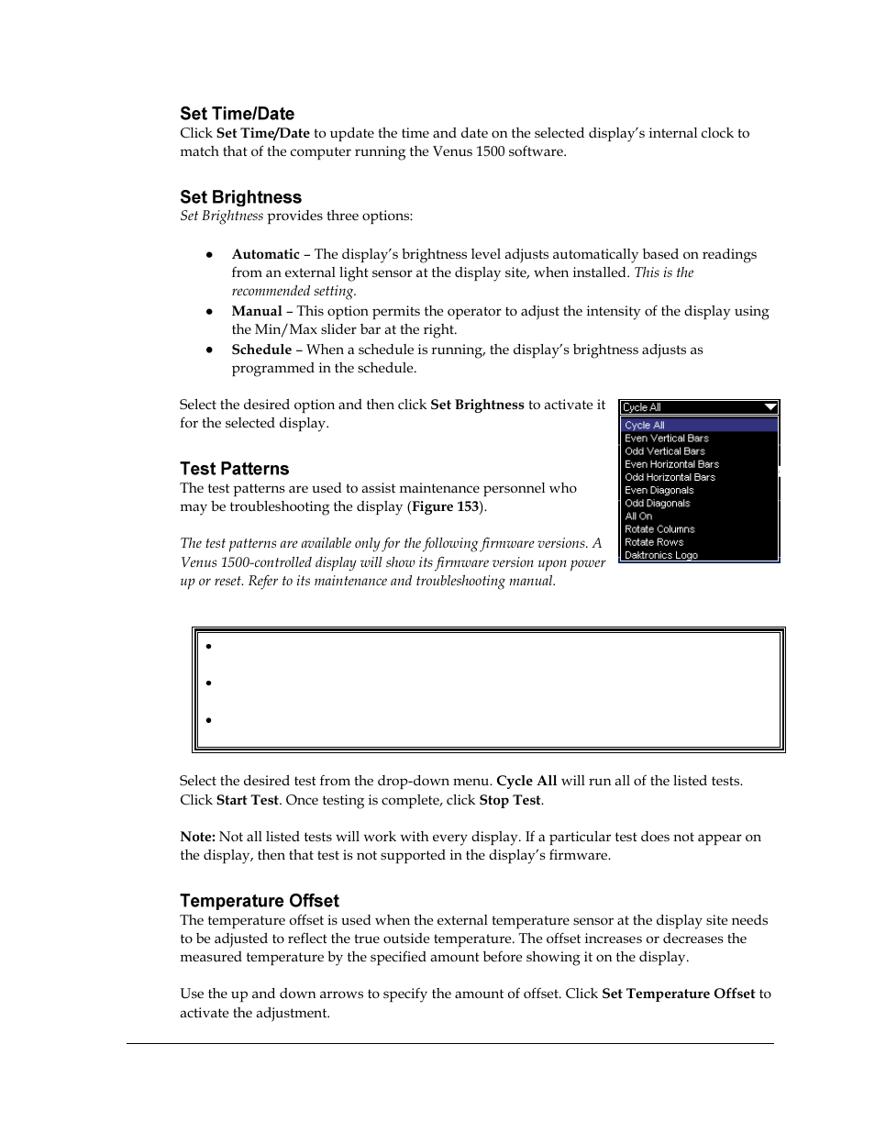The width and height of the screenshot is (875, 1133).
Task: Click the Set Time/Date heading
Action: [x=237, y=114]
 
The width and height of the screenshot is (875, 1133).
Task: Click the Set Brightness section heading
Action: [x=240, y=197]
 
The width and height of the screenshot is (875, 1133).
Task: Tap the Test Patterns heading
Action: [x=234, y=469]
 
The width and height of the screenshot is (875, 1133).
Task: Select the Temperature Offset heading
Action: [x=259, y=901]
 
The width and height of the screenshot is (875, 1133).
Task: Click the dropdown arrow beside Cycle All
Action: [x=770, y=407]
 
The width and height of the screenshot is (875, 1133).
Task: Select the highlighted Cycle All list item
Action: [x=645, y=426]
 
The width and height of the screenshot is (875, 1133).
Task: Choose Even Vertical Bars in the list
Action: [x=667, y=439]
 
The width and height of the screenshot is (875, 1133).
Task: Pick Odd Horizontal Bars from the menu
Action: [x=670, y=477]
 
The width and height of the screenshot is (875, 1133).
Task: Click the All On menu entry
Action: [x=638, y=517]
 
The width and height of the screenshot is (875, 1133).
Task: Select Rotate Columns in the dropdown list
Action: [x=659, y=529]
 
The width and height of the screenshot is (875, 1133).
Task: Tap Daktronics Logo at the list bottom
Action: [x=661, y=555]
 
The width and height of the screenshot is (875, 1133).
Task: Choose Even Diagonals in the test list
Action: [x=659, y=491]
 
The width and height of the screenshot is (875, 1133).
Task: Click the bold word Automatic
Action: [x=265, y=254]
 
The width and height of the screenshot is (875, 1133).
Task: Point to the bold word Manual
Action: [x=256, y=311]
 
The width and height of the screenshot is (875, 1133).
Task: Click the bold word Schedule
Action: [x=261, y=350]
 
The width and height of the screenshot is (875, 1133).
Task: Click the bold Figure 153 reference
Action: [x=445, y=506]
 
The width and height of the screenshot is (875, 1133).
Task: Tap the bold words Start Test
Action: [x=247, y=800]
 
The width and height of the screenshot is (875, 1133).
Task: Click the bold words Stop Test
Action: [x=510, y=800]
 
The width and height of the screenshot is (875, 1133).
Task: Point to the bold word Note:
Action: [x=197, y=837]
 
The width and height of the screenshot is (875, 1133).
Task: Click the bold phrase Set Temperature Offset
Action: [x=678, y=994]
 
